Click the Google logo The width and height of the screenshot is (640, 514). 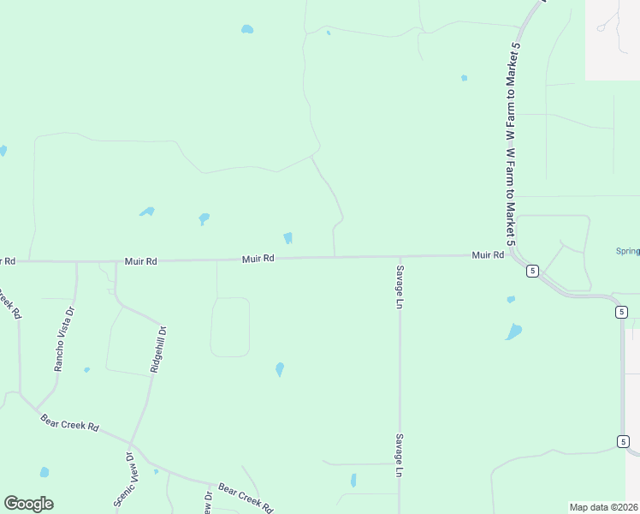28,504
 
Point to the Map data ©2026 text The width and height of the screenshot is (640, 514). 604,507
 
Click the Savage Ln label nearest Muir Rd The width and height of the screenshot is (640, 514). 399,285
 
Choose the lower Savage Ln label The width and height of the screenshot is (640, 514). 399,455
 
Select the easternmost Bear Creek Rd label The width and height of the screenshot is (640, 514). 245,495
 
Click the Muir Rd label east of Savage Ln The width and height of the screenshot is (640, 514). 488,254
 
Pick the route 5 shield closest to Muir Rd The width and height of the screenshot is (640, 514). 532,271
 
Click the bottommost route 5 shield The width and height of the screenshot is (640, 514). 621,441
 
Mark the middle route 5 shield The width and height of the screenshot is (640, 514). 621,312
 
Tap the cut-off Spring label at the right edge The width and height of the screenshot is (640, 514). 628,251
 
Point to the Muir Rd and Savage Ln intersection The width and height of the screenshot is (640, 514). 400,255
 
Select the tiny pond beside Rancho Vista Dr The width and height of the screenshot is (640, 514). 86,370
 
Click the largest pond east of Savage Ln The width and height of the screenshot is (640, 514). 513,332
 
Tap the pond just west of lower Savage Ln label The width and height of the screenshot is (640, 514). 353,481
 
